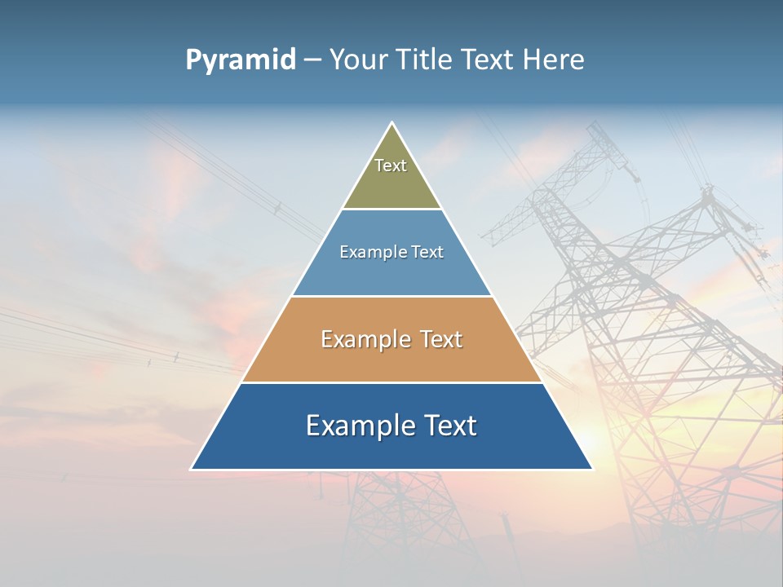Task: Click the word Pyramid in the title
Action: [x=240, y=60]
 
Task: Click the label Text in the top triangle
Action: [x=391, y=166]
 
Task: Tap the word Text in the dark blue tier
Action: [x=450, y=426]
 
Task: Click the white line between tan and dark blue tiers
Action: [x=391, y=382]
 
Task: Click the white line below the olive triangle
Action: [x=391, y=209]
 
